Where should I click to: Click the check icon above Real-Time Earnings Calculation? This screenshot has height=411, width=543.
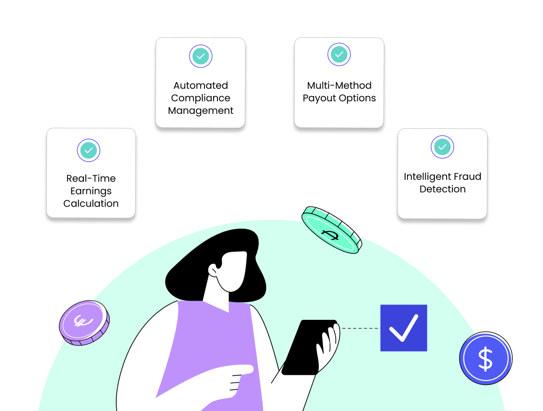coord(88,151)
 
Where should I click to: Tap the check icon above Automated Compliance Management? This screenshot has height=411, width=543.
coord(201,56)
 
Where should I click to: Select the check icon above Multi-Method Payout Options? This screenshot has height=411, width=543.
coord(339,55)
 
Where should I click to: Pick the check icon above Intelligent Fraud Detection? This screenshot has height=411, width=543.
coord(442,147)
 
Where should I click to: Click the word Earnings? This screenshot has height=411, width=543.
coord(91,191)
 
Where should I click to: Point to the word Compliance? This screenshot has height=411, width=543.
coord(201,98)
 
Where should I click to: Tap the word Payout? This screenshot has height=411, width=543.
coord(321,98)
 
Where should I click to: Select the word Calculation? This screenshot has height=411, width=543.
coord(91,204)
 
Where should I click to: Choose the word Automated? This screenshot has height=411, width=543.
coord(201,85)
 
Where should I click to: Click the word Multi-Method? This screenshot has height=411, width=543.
coord(339,85)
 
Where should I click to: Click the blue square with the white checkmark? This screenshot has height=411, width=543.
coord(404,328)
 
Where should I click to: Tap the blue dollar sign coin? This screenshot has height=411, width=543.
coord(485,358)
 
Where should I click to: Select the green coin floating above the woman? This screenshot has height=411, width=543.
coord(331,231)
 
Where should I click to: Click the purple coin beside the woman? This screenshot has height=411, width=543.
coord(84,322)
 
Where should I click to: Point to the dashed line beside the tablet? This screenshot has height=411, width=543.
coord(360,329)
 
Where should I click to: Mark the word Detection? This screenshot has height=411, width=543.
coord(442,189)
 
